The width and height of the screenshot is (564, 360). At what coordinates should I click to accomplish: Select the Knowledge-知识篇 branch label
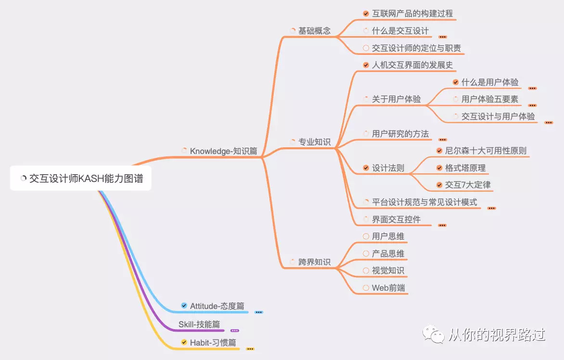pyautogui.click(x=223, y=151)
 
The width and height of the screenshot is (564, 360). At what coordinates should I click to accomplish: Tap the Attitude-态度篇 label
pyautogui.click(x=217, y=306)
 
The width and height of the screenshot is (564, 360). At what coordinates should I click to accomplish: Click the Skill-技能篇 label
pyautogui.click(x=199, y=324)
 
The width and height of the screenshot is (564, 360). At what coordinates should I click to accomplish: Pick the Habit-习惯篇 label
pyautogui.click(x=213, y=343)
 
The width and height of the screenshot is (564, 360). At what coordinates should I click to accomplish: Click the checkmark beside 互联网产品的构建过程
pyautogui.click(x=366, y=13)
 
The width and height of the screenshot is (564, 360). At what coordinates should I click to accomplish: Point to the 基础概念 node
pyautogui.click(x=314, y=31)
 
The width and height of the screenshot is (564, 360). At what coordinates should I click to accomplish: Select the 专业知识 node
pyautogui.click(x=314, y=142)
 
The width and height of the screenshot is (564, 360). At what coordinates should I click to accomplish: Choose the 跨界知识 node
pyautogui.click(x=314, y=262)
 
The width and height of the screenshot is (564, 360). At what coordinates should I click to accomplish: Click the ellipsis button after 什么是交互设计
pyautogui.click(x=443, y=37)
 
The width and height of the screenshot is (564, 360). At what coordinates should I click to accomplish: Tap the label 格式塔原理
pyautogui.click(x=465, y=168)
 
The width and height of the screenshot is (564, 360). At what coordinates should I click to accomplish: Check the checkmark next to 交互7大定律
pyautogui.click(x=439, y=185)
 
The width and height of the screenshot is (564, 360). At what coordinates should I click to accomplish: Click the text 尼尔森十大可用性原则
pyautogui.click(x=486, y=151)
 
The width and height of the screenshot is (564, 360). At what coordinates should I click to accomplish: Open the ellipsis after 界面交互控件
pyautogui.click(x=442, y=225)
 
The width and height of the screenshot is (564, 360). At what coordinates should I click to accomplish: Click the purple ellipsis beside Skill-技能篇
pyautogui.click(x=235, y=331)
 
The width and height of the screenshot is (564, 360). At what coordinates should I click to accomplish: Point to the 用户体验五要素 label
pyautogui.click(x=490, y=99)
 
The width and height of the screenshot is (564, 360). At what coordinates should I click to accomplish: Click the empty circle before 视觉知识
pyautogui.click(x=366, y=270)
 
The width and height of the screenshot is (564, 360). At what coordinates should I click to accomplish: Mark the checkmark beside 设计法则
pyautogui.click(x=366, y=168)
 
